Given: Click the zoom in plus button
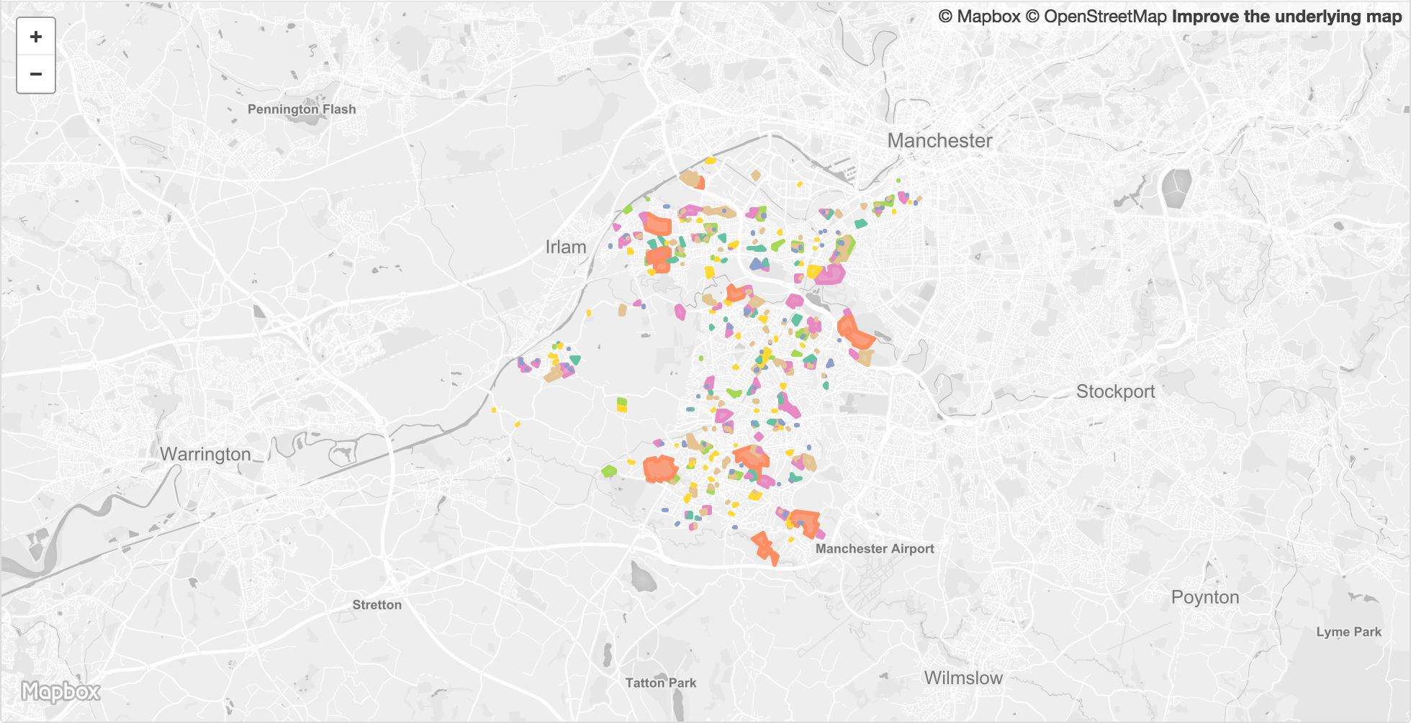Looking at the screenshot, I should (36, 37).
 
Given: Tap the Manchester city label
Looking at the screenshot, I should (939, 141).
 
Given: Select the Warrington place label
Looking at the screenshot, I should (205, 455).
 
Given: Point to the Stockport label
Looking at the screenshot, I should (1115, 392).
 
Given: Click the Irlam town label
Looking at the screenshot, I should (566, 247).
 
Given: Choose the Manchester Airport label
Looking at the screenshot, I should (875, 549).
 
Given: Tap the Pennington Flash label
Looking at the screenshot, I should (302, 109).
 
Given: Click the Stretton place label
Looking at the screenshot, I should (377, 605).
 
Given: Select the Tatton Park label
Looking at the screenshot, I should (660, 683).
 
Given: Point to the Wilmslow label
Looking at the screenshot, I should (963, 678).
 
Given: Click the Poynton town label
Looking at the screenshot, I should (1205, 598).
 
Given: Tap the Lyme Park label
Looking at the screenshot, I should (1348, 632).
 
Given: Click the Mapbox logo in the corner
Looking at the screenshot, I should (60, 692).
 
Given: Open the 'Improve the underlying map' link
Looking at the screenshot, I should (1286, 17).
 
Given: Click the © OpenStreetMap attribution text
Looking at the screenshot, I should (1096, 17).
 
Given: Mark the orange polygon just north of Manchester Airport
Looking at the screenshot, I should (805, 522).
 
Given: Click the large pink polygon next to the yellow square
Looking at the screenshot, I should (831, 273).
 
